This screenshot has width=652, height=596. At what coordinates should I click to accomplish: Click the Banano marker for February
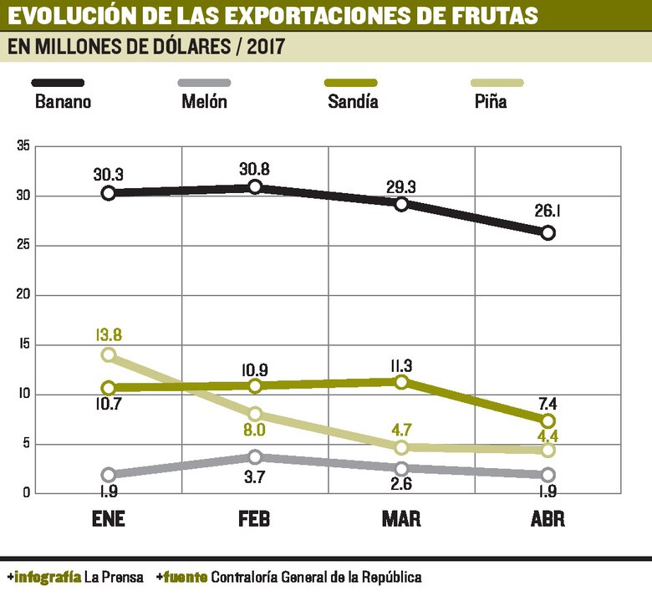point(255,187)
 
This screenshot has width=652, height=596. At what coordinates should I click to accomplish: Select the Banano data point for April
point(548,233)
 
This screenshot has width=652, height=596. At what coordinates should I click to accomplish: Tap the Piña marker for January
point(108,354)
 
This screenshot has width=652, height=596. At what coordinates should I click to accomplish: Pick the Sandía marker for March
point(401,382)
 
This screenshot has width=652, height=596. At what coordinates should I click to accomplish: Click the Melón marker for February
point(255,456)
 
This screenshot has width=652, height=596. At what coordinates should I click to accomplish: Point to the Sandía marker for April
point(548,420)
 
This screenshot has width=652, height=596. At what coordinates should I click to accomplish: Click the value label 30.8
point(254,168)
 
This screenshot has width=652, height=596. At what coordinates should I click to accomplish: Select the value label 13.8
point(109,335)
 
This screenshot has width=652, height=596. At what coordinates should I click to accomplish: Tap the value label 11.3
point(401,364)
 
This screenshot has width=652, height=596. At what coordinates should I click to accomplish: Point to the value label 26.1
point(548,211)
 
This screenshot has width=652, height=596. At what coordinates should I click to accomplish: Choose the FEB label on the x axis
point(254,519)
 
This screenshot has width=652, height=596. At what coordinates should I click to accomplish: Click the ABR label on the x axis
point(548,519)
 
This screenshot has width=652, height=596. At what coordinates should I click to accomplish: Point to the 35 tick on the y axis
point(23,146)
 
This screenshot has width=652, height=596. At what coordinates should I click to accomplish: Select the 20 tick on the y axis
point(23,295)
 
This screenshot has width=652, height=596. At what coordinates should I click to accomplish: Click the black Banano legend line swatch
point(58,83)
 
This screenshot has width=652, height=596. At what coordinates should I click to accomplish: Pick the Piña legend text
point(489,102)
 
